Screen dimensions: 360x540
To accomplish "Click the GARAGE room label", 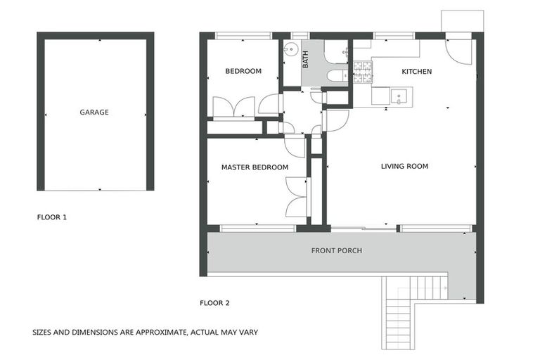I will (x=94, y=112).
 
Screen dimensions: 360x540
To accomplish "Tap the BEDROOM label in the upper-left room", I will (x=243, y=71).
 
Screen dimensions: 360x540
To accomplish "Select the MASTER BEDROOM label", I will (x=255, y=167).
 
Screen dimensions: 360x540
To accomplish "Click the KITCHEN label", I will (x=416, y=72).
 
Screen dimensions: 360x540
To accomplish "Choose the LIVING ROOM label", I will (x=404, y=167).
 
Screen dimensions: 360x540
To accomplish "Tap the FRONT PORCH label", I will (x=336, y=251).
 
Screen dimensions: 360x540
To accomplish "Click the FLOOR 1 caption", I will (x=51, y=217).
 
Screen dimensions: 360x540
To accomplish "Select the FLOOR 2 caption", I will (x=215, y=303).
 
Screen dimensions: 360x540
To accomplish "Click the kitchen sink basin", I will (x=399, y=96).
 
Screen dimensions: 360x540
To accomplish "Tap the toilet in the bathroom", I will (x=336, y=75).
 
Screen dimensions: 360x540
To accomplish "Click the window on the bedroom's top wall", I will (x=243, y=35).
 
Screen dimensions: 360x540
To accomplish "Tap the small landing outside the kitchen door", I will (x=462, y=21).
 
